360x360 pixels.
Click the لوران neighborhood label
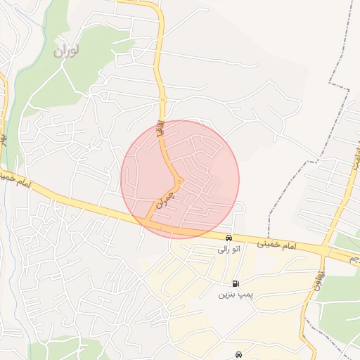[x=67, y=51]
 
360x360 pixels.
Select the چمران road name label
[x=163, y=202]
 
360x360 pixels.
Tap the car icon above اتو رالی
[x=228, y=238]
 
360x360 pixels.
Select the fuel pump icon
[x=235, y=283]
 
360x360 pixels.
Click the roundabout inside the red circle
[x=179, y=181]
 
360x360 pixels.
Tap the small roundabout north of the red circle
[x=162, y=101]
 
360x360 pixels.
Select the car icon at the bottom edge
[x=239, y=355]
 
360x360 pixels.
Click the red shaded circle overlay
[x=211, y=155]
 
